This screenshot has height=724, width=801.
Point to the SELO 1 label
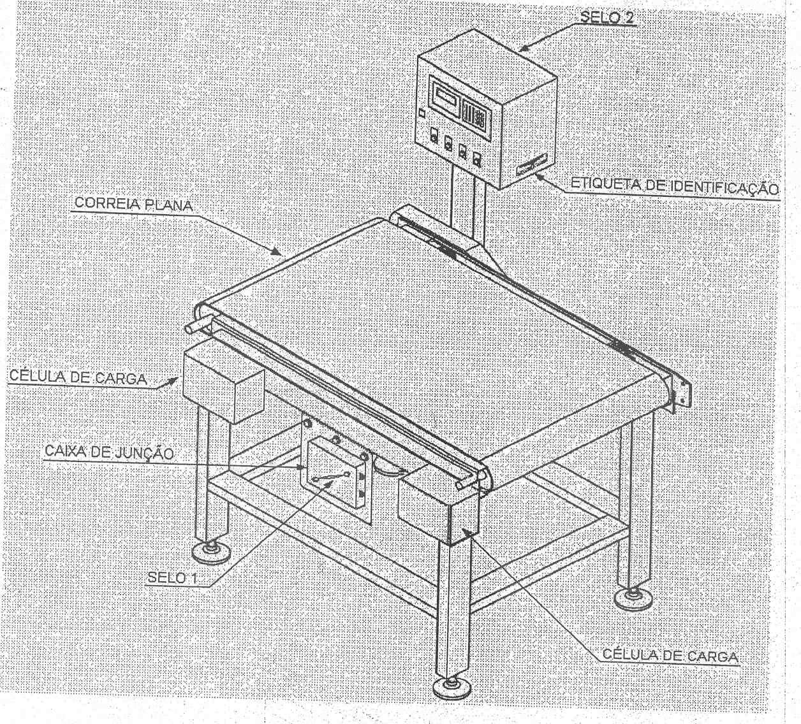(172, 578)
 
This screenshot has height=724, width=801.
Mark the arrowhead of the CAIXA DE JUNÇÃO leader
(302, 467)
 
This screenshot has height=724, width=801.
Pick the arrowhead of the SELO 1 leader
(329, 484)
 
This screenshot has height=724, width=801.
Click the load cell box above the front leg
(438, 506)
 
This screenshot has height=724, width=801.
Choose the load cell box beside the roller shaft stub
(223, 386)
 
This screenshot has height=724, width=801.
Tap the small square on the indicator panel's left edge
(422, 114)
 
